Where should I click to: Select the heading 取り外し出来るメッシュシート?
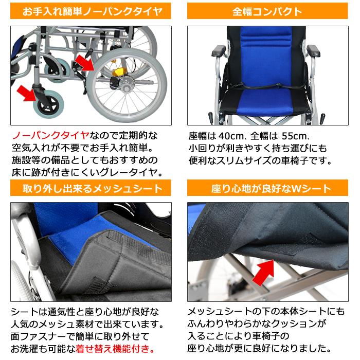(90, 189)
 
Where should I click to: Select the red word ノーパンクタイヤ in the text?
(50, 136)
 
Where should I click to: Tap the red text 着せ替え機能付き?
(114, 349)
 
